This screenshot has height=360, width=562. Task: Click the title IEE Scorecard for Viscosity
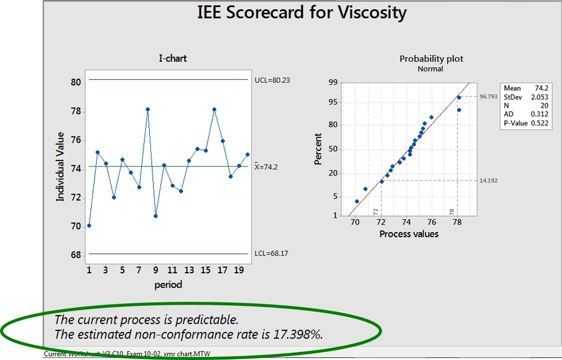tap(302, 13)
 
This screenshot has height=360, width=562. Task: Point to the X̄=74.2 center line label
tap(266, 167)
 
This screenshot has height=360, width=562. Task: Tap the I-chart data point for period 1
tap(89, 226)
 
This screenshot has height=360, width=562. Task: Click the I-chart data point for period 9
tap(156, 216)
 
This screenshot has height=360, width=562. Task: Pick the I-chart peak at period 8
tap(147, 109)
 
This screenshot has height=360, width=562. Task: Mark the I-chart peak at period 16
tap(214, 109)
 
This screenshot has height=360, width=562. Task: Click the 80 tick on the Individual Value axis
tap(76, 82)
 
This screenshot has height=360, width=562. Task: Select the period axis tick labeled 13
tap(189, 270)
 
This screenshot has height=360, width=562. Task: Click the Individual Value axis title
tap(61, 166)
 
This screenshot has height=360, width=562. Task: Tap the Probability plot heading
tap(431, 59)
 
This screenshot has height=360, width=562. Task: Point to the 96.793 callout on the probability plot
tap(488, 96)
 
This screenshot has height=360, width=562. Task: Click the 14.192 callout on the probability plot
tap(488, 181)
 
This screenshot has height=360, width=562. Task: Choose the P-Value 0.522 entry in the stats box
tap(525, 123)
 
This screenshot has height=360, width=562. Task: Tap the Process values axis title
tap(409, 234)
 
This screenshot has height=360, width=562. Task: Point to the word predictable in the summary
tap(206, 319)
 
